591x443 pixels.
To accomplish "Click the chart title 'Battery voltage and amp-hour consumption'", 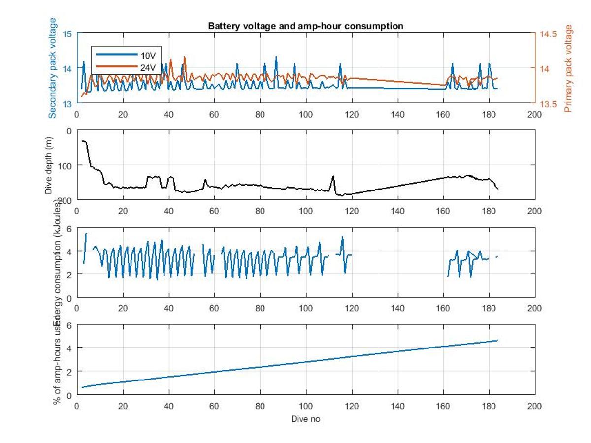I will [305, 26].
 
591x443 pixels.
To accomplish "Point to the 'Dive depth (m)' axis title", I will [49, 165].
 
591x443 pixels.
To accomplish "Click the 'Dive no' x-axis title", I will [305, 419].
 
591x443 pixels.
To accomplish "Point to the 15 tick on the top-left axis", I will [68, 34].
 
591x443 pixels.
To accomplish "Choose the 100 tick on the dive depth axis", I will [65, 165].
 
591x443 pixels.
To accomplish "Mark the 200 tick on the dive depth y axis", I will [65, 200].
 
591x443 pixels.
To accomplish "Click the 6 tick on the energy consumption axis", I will [69, 228].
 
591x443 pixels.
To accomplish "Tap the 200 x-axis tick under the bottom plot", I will [534, 406].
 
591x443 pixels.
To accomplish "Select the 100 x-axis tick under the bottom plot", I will [305, 406].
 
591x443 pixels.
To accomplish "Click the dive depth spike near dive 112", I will [333, 176].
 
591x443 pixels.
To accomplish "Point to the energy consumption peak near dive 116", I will [342, 237].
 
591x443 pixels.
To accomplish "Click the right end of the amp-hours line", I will [497, 340].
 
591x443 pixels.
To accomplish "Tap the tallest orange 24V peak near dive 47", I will [185, 57].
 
